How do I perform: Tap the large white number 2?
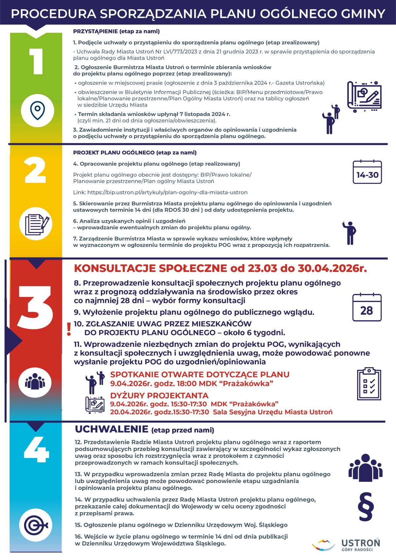point(35,170)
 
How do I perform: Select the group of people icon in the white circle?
point(35,382)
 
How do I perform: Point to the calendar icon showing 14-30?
point(367,172)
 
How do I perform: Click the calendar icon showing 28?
point(367,307)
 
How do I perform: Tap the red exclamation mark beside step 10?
point(69,329)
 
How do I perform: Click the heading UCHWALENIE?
point(112,429)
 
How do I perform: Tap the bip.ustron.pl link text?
point(167,192)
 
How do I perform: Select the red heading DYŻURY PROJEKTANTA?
point(159,395)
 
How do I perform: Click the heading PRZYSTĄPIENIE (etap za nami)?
point(116,31)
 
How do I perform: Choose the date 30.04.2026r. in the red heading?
point(332,268)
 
